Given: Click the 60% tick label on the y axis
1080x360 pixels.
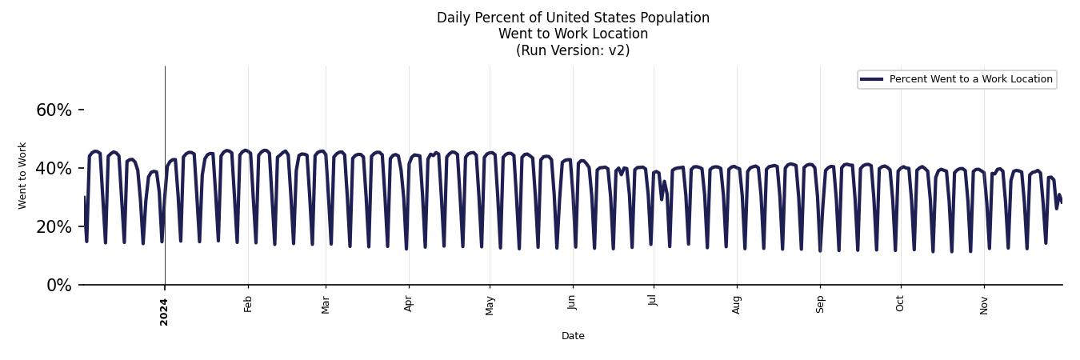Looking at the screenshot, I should pos(54,110).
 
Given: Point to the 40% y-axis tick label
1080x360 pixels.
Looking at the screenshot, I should pos(54,169).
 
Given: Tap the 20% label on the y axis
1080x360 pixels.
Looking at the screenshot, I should pos(54,227).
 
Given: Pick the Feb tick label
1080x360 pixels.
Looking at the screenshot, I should pos(248,304).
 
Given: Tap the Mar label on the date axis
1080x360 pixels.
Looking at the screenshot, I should pos(326,305).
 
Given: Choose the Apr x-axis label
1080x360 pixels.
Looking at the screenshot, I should pos(409,304).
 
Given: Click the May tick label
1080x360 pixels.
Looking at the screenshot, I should pos(490,306).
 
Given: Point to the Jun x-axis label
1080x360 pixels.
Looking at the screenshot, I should pos(572,304).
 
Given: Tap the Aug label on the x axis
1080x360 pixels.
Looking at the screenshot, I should pos(737,305).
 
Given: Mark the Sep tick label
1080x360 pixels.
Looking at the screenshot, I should pos(820,304).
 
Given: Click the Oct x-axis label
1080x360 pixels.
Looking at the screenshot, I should pos(901,304).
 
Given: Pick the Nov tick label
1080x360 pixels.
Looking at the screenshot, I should pos(984,305).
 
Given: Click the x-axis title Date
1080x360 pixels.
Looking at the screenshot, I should pos(573,336).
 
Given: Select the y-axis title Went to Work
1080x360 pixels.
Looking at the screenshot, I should pos(22,175).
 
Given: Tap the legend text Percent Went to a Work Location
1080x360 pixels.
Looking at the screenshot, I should pos(970,79).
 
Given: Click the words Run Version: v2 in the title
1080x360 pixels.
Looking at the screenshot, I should pos(573,50).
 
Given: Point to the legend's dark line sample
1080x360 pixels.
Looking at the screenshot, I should pos(871,79).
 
